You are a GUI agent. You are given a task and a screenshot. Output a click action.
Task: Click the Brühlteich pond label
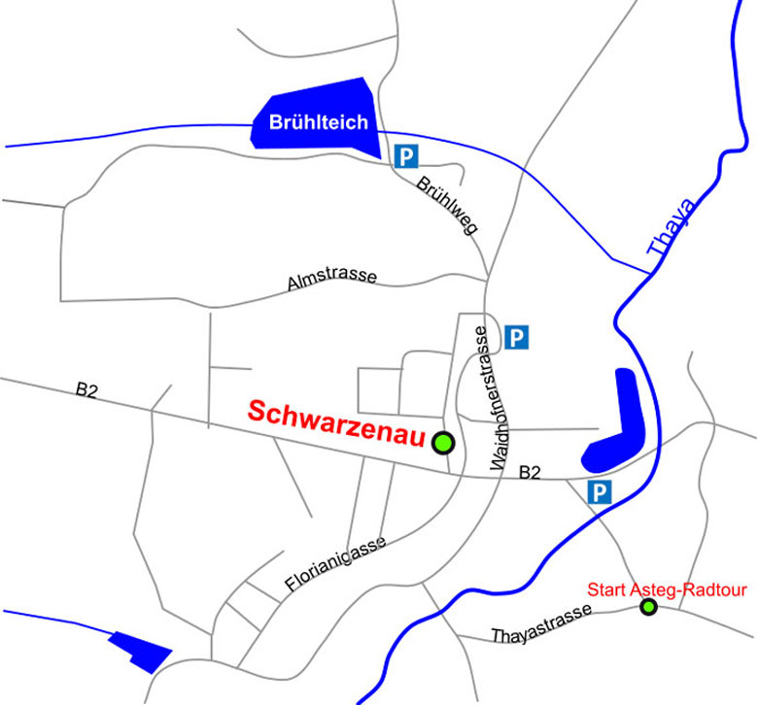pyautogui.click(x=319, y=122)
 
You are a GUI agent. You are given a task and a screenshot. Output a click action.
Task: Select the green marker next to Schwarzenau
pyautogui.click(x=443, y=443)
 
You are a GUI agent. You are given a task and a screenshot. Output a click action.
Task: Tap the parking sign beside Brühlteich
pyautogui.click(x=405, y=155)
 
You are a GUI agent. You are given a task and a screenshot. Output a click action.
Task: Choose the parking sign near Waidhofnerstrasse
pyautogui.click(x=517, y=337)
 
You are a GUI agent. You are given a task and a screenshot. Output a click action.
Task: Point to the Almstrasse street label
pyautogui.click(x=332, y=281)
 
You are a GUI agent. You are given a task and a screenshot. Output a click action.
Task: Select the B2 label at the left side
pyautogui.click(x=88, y=390)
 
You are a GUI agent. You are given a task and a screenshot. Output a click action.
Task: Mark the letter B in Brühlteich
pyautogui.click(x=276, y=122)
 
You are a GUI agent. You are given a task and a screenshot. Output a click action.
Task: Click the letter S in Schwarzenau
pyautogui.click(x=258, y=412)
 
